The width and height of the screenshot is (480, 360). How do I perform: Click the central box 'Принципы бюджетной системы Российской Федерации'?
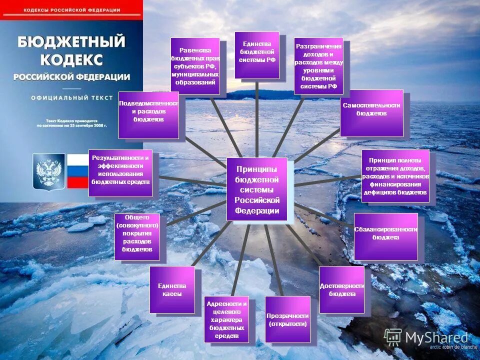tap(257, 189)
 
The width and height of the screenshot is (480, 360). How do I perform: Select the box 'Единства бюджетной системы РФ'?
tap(257, 55)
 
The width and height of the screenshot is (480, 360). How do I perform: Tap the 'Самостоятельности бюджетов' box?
tap(371, 112)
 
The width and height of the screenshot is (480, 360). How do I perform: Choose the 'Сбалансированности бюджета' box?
tap(385, 236)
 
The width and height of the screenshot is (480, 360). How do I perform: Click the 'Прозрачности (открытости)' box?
tap(287, 319)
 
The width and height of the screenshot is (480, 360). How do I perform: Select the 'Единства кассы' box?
tap(172, 289)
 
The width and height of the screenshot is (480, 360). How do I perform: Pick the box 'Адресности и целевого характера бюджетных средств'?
tap(226, 319)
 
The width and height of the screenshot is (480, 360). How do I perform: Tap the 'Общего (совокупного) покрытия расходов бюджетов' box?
tap(137, 236)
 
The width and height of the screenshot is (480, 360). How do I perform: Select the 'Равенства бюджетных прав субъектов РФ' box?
tap(195, 65)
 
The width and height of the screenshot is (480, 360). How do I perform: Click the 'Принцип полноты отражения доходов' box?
tap(395, 175)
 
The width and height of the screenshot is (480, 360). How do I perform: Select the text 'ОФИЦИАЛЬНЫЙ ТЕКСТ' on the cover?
tap(71, 98)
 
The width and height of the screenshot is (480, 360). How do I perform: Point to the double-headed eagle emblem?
tap(49, 171)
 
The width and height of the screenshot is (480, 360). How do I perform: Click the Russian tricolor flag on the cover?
tap(77, 171)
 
